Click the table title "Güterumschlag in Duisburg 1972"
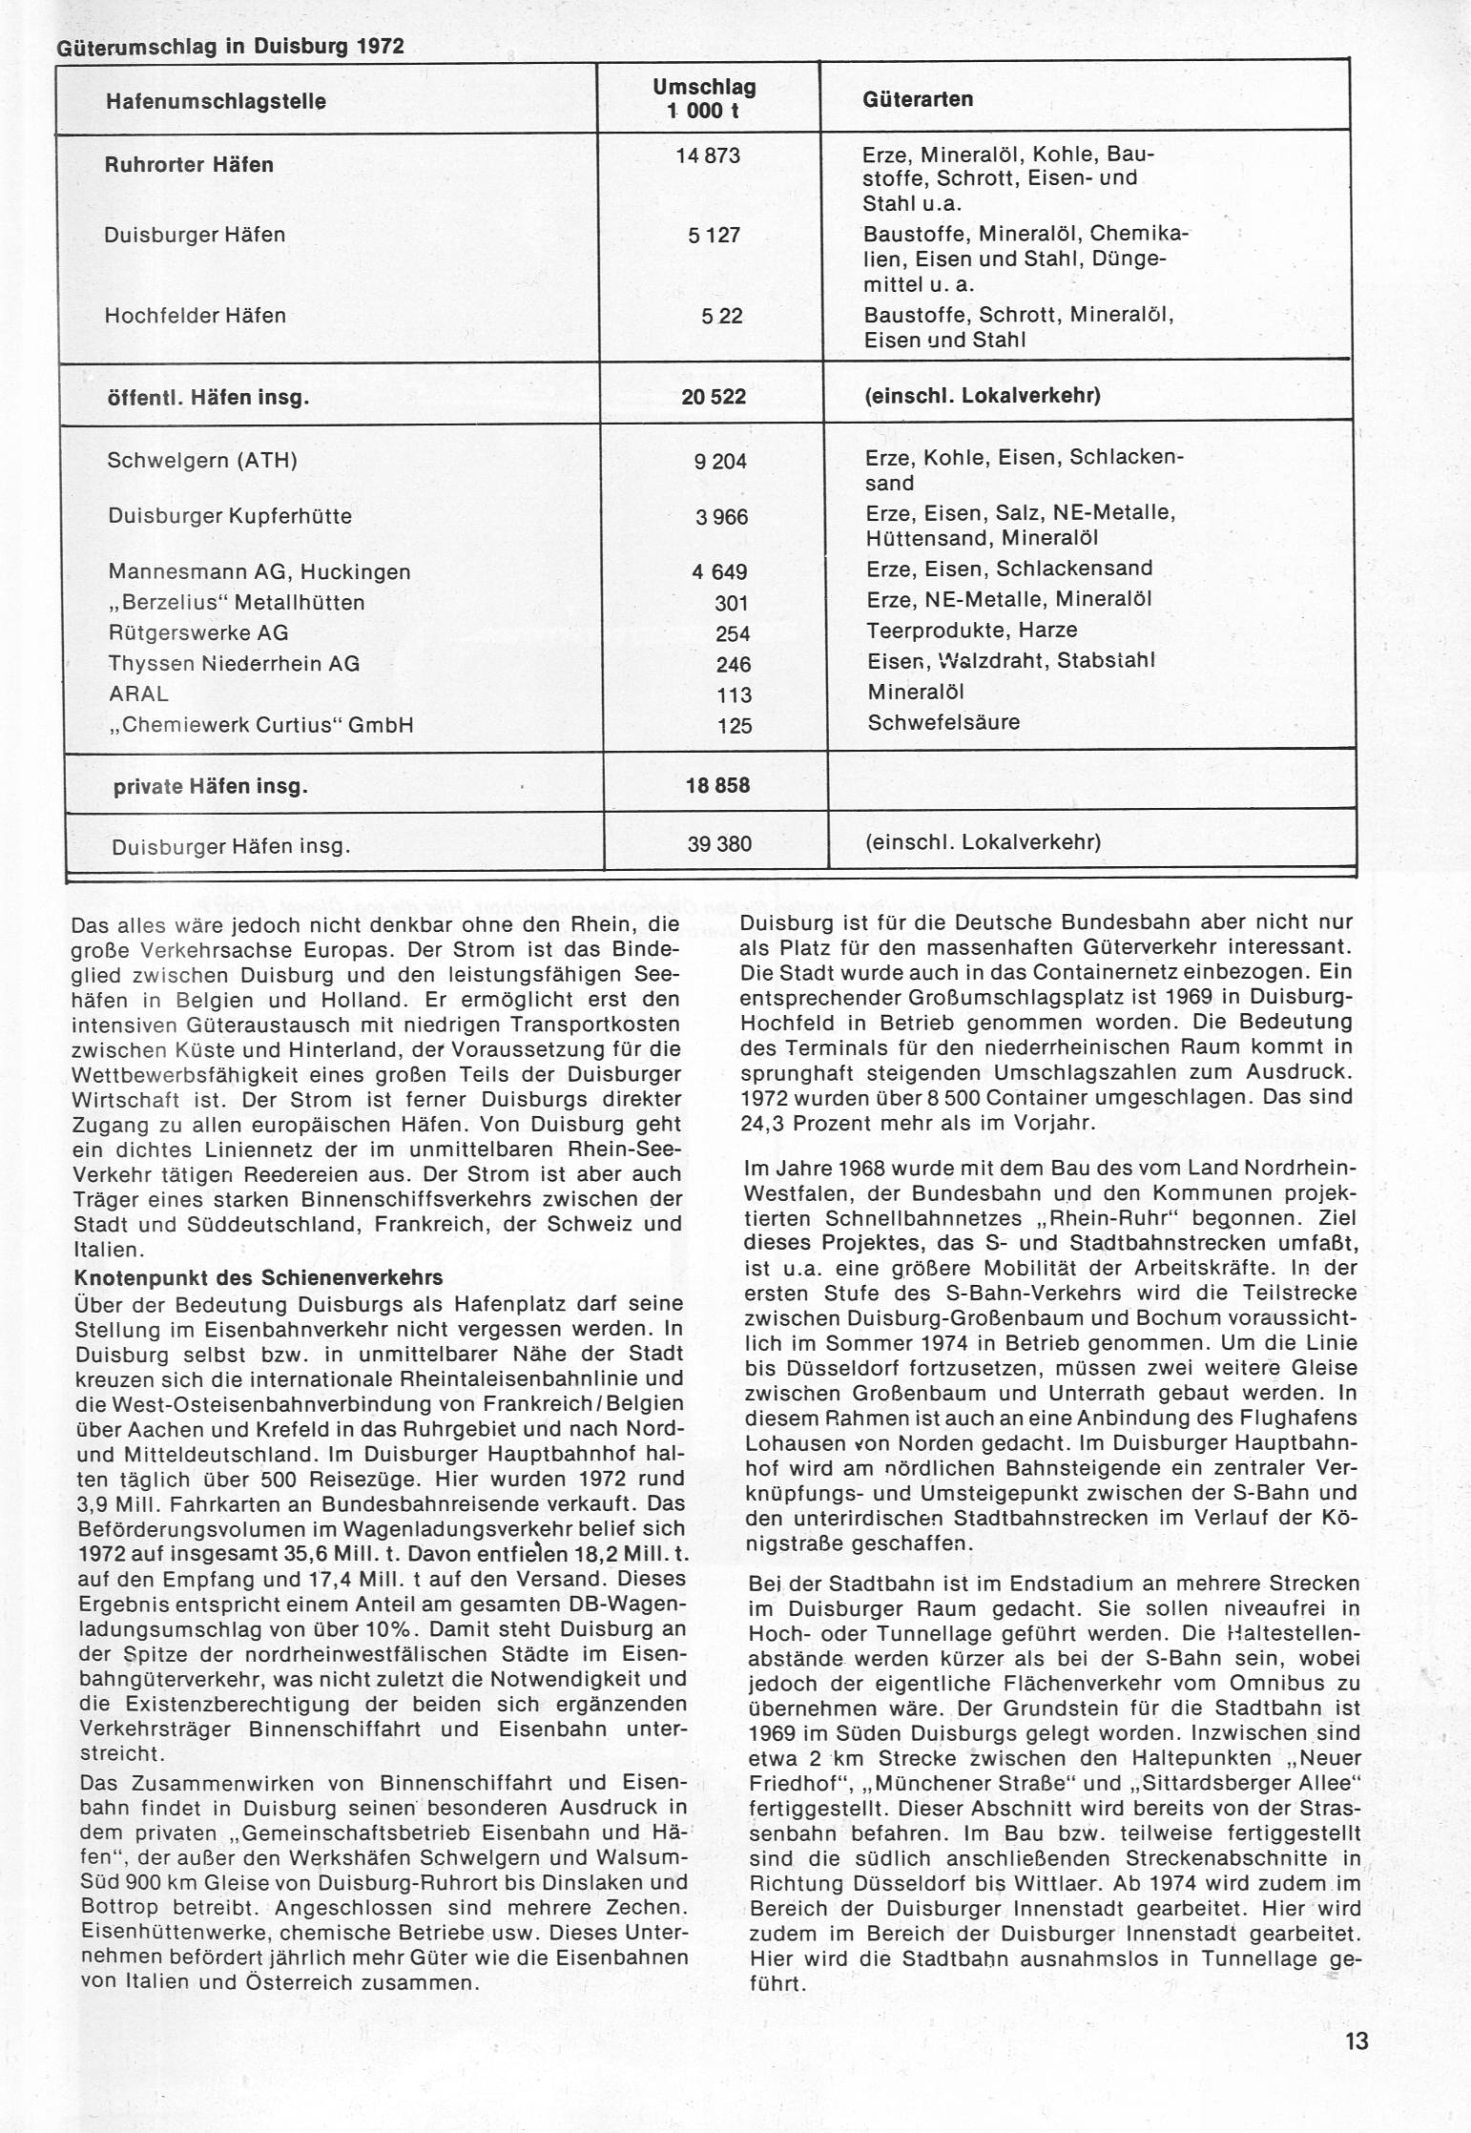point(231,47)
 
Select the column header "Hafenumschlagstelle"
point(216,101)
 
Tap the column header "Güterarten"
point(918,99)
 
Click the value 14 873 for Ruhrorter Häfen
point(708,155)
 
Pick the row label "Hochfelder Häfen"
point(195,316)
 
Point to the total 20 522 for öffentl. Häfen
point(714,397)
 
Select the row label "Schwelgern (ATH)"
point(202,462)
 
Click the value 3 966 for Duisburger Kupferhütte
point(720,517)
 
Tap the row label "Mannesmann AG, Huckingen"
point(259,572)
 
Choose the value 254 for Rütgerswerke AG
point(733,634)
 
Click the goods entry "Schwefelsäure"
point(943,722)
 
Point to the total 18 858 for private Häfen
point(717,786)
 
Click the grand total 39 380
point(719,844)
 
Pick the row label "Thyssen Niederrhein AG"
point(235,664)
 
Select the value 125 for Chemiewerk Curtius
point(735,726)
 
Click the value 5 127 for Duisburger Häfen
point(715,235)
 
